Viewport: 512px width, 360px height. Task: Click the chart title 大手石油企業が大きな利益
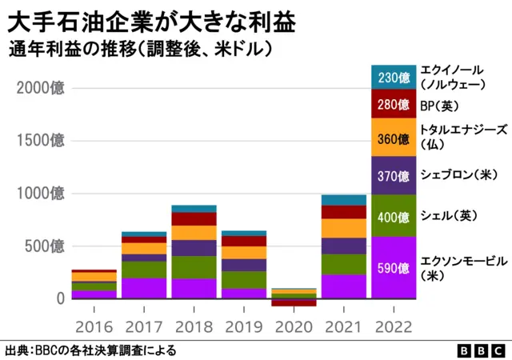tap(152, 19)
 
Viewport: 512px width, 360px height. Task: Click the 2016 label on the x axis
tap(93, 326)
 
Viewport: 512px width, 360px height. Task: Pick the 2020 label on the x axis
tap(293, 326)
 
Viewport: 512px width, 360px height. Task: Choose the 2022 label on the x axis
tap(393, 326)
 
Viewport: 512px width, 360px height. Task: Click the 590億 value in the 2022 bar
tap(393, 267)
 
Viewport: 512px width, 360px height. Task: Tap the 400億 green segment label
tap(393, 216)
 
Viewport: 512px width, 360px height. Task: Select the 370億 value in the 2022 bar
tap(393, 176)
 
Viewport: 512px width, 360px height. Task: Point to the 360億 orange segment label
tap(393, 138)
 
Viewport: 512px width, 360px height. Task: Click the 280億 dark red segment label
tap(393, 104)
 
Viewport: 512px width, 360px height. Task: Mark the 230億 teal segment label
tap(393, 77)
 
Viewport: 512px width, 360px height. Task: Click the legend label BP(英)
tap(439, 105)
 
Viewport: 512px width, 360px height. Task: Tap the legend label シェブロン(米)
tap(459, 174)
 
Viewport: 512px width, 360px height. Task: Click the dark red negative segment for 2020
tap(293, 302)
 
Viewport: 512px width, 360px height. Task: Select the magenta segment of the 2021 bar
tap(342, 286)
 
